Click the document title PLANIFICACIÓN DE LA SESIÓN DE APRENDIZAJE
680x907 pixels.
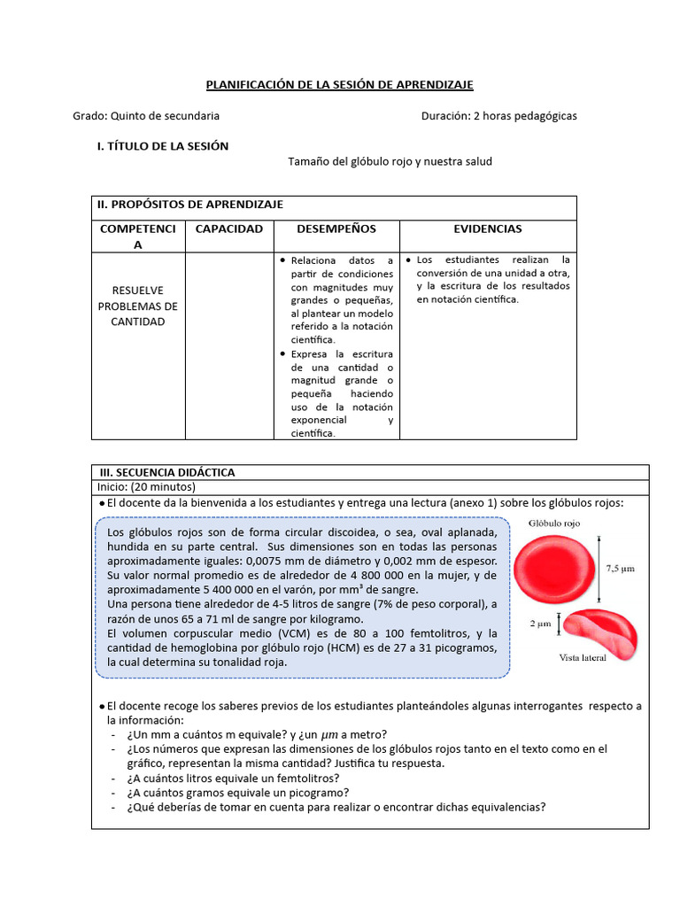[x=340, y=84]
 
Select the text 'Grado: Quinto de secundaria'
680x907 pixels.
[x=146, y=116]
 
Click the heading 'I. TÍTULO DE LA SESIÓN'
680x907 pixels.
[x=163, y=146]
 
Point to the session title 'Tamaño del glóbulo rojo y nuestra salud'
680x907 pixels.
[x=390, y=161]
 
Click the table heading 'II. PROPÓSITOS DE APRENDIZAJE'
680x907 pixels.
[x=190, y=205]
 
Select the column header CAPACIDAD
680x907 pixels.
[x=228, y=229]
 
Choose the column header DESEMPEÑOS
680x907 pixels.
[x=336, y=229]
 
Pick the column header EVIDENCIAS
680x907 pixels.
[x=488, y=229]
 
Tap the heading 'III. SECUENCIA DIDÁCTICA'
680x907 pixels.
[x=166, y=472]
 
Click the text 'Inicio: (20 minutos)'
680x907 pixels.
[x=146, y=486]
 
